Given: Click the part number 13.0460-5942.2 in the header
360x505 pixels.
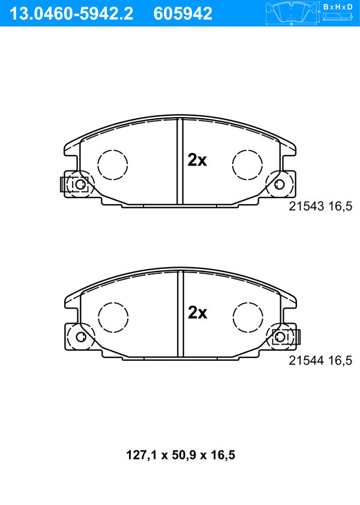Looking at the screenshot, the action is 71,14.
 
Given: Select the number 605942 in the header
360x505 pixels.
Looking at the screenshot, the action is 183,14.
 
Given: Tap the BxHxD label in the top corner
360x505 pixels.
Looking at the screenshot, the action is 338,7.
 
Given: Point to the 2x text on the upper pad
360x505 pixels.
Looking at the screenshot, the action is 197,160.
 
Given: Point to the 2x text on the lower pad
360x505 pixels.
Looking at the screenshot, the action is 197,312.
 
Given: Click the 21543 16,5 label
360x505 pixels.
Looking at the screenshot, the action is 320,206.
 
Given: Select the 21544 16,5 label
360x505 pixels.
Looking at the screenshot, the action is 320,360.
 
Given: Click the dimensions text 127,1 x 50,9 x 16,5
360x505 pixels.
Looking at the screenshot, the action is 181,455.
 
